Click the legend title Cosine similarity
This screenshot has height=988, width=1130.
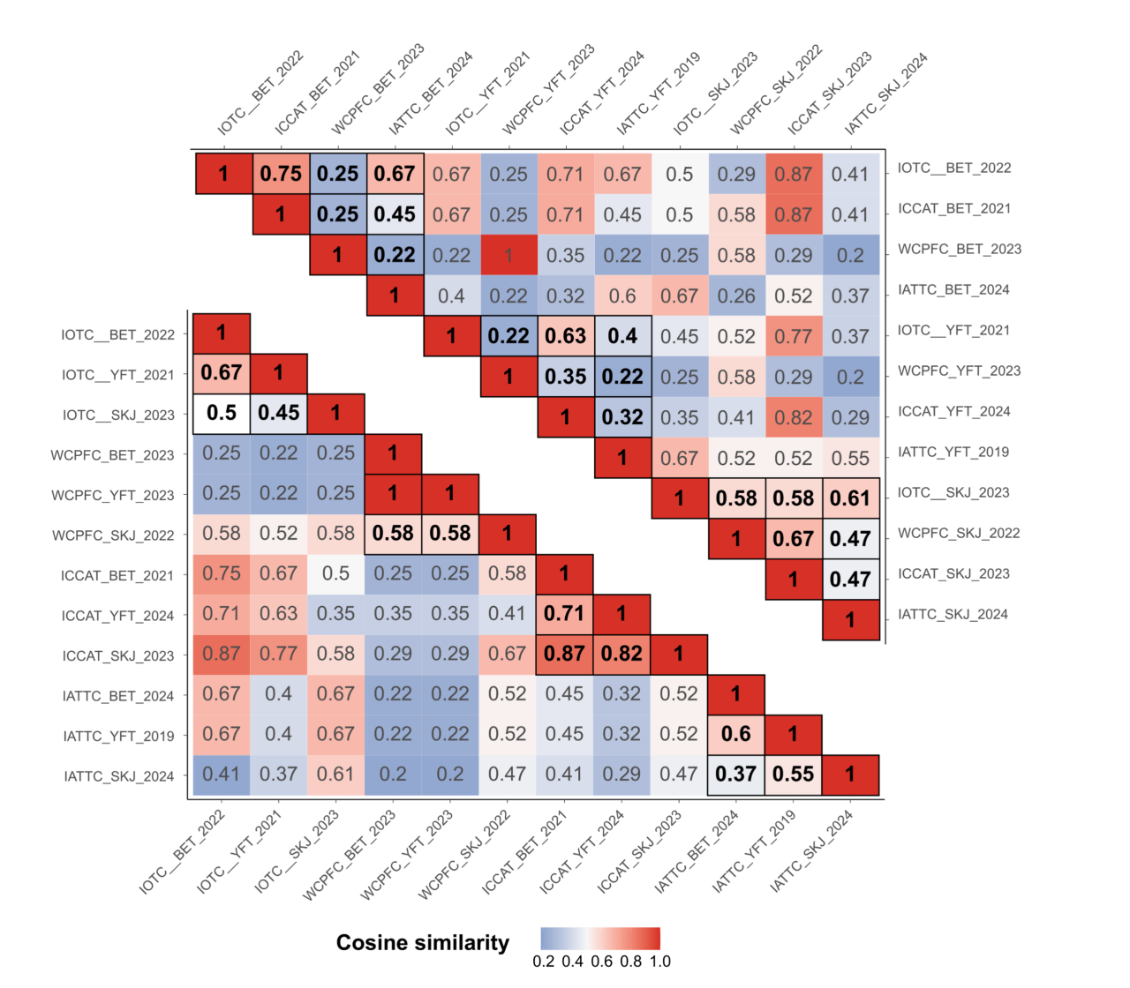tap(422, 943)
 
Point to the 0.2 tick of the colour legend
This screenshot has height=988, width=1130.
tap(544, 962)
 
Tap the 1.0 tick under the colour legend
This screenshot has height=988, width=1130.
tap(660, 962)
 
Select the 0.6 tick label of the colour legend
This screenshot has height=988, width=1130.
tap(602, 962)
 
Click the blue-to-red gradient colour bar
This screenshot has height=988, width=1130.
tap(600, 939)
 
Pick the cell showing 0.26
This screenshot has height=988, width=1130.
tap(736, 296)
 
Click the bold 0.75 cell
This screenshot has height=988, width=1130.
tap(281, 174)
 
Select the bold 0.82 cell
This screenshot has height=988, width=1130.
tap(621, 654)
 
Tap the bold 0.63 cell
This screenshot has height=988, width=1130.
tap(565, 336)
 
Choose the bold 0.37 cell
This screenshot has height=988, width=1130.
tap(735, 774)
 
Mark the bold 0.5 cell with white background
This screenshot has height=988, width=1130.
tap(221, 413)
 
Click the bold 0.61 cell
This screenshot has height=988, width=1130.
tap(850, 498)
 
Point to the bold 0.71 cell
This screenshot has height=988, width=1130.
tap(564, 613)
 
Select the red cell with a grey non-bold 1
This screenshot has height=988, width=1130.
tap(508, 256)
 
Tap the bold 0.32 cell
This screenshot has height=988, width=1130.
tap(622, 417)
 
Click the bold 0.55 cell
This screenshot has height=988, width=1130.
tap(793, 774)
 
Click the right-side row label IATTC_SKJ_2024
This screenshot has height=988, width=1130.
tap(953, 614)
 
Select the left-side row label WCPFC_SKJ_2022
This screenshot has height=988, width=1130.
tap(113, 535)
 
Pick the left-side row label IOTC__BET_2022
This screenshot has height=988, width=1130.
tap(117, 335)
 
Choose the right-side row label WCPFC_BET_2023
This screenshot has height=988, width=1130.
tap(960, 249)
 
